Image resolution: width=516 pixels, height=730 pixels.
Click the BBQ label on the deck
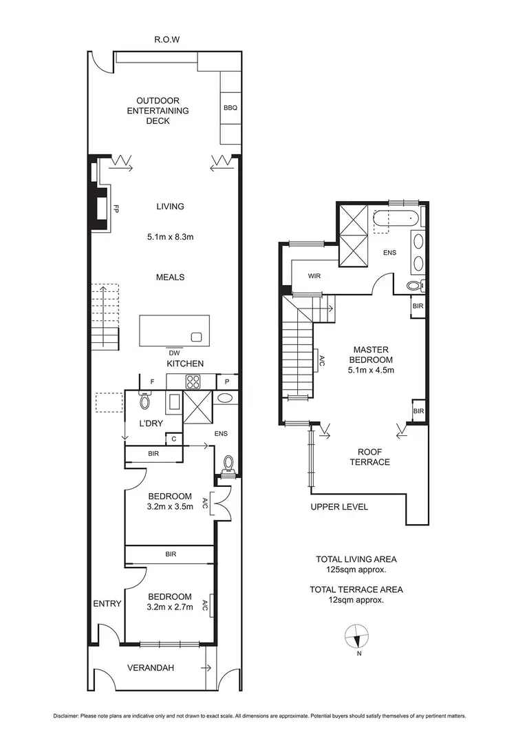coord(230,108)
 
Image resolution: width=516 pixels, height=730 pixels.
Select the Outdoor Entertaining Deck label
coord(162,110)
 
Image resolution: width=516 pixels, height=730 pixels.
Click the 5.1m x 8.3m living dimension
coord(170,238)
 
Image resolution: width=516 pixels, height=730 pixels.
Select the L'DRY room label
coord(151,423)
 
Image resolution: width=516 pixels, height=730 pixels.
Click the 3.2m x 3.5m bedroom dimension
coord(169,508)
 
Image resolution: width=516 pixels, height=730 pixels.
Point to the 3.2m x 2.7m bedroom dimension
coord(169,608)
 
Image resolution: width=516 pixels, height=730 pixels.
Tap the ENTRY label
coord(107,603)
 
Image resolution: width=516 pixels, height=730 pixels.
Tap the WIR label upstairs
coord(315,275)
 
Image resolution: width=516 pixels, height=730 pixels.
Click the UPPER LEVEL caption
coord(339,507)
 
